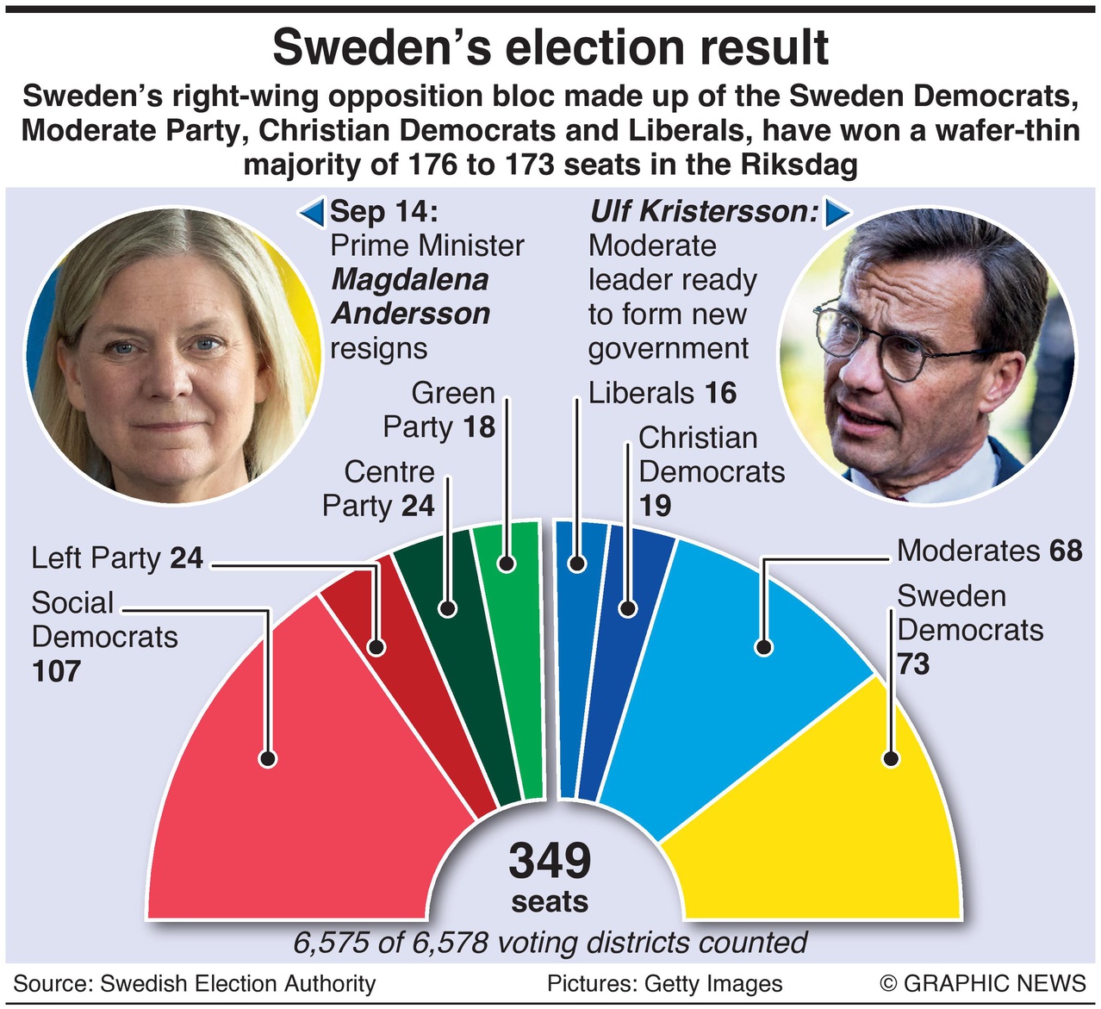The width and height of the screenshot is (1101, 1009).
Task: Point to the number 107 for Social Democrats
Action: (x=57, y=671)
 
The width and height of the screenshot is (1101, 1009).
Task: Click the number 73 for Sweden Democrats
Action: (x=913, y=664)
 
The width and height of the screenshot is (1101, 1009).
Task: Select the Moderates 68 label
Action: (x=989, y=551)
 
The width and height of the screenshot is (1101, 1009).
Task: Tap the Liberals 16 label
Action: (x=662, y=394)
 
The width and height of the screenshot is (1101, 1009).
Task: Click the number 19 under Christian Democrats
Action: (x=655, y=506)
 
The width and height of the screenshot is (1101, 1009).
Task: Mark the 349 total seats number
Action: (x=550, y=861)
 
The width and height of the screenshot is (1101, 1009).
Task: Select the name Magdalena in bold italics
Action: (x=409, y=280)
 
